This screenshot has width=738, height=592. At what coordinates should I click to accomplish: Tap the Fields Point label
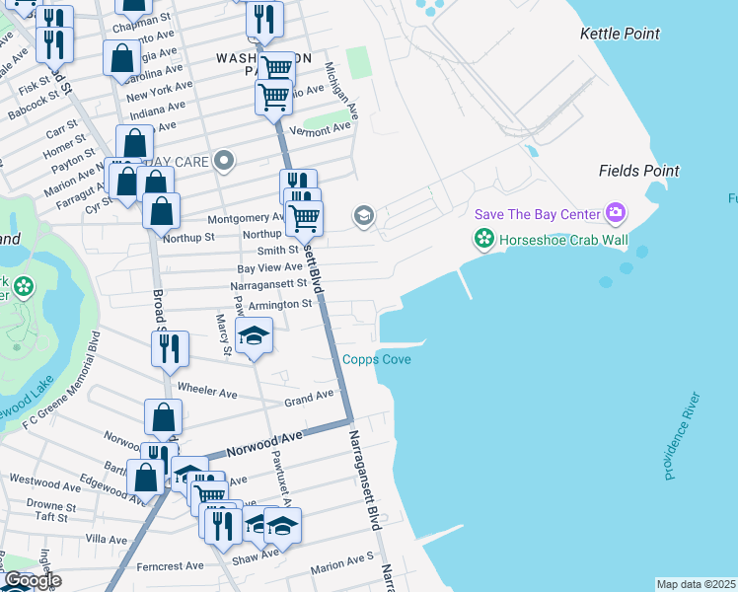coord(638,171)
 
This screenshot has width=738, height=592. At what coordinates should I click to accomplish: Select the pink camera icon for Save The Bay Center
coord(617,213)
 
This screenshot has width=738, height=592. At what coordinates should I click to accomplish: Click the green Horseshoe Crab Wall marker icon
coord(483,238)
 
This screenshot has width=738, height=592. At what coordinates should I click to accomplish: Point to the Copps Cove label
coord(377,359)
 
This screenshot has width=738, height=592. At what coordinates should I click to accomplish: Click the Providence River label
coord(682,436)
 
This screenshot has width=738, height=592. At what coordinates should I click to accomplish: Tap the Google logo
coord(32,581)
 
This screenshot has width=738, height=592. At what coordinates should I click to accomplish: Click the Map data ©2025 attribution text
coord(696,584)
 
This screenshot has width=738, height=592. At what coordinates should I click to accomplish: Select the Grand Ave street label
coord(309,398)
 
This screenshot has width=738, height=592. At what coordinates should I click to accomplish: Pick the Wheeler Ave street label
coord(207,393)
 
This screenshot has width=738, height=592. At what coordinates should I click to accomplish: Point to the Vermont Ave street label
coord(321,128)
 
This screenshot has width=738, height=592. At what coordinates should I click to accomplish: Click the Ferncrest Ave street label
coord(171,566)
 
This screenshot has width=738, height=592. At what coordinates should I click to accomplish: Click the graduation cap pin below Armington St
coord(254,336)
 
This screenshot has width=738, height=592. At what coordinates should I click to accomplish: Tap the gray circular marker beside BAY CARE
coord(225,160)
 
